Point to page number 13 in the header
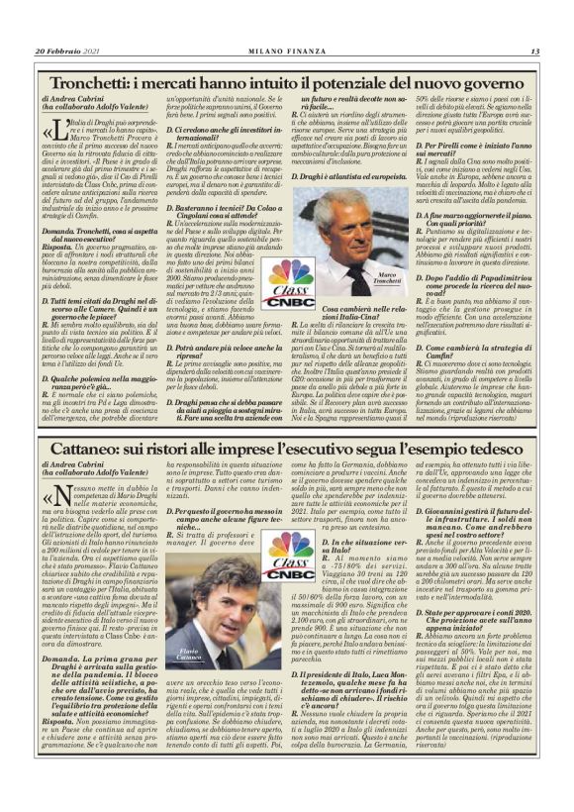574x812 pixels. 534,51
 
